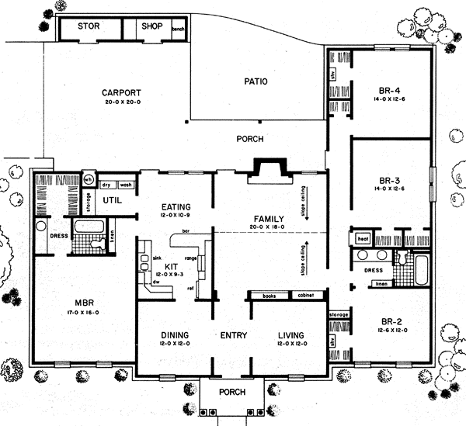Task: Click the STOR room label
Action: point(87,25)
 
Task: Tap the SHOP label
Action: point(150,25)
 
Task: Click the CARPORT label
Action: point(120,93)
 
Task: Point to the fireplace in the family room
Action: point(269,170)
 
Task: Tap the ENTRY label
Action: point(232,335)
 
